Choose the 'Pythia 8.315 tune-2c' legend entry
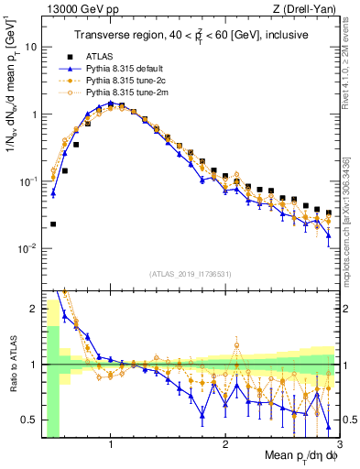coord(134,82)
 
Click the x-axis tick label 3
coord(338,446)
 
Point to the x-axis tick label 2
coord(225,446)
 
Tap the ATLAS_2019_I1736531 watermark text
coord(191,274)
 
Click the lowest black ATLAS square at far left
coord(53,224)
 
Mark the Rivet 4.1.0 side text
coord(351,60)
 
